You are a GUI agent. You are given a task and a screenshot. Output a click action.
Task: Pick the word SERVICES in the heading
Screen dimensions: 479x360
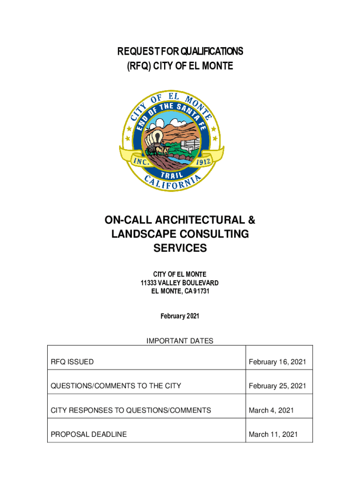point(180,248)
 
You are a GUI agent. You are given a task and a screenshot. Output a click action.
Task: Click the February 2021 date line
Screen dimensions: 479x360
point(180,316)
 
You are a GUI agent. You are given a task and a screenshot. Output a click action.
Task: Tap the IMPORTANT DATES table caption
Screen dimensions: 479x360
point(180,341)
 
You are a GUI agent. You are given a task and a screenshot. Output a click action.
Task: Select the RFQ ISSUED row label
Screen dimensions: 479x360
point(72,362)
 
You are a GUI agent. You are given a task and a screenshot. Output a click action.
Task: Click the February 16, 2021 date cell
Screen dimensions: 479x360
point(277,362)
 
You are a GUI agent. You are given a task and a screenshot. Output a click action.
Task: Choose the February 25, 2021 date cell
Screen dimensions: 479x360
point(277,386)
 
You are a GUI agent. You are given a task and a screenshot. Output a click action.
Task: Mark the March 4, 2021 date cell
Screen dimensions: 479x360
point(271,410)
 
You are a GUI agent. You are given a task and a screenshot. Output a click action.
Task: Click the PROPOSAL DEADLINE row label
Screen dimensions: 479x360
point(89,435)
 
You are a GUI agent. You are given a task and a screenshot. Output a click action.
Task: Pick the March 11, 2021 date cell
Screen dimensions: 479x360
point(273,435)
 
